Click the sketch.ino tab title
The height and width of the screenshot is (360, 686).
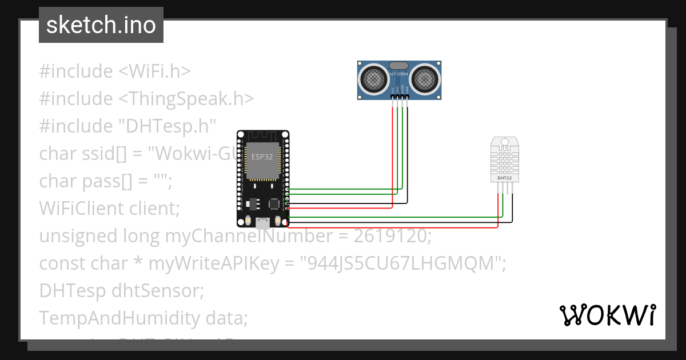click(101, 25)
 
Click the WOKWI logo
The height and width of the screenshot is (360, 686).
click(607, 315)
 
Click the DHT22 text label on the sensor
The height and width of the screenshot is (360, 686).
click(504, 178)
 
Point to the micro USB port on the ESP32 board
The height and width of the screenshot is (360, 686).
click(263, 222)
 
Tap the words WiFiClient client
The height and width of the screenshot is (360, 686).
click(109, 209)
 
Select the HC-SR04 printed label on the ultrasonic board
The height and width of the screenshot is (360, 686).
click(400, 74)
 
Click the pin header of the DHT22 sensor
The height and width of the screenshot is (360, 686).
click(505, 189)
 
